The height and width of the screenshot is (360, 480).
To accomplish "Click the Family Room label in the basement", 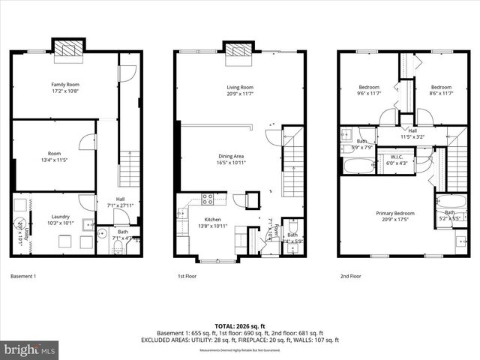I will (65, 88).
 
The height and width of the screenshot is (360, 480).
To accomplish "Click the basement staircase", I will (130, 168).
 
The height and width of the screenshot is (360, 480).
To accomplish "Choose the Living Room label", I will (240, 91).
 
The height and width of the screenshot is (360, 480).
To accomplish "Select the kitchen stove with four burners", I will (208, 199).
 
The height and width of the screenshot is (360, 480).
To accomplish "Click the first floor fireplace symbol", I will (240, 50).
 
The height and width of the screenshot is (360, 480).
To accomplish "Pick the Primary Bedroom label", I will (395, 217).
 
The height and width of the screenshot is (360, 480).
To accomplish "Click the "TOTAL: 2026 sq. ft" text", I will (240, 326).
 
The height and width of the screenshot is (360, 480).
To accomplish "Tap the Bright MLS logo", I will (30, 349).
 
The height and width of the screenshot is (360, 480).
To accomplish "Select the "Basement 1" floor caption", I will (23, 276).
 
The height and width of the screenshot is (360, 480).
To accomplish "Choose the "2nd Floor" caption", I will (350, 276).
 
